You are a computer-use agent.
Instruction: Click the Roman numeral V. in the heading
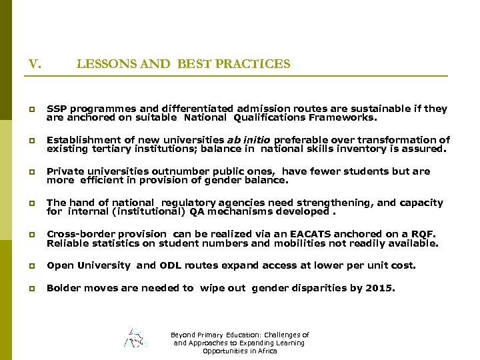pos(35,64)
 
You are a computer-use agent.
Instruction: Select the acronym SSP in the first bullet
pos(55,108)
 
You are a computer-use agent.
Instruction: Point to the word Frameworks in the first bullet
pos(342,117)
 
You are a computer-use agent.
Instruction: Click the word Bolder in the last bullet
pos(62,287)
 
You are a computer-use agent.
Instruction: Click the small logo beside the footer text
pos(135,338)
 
